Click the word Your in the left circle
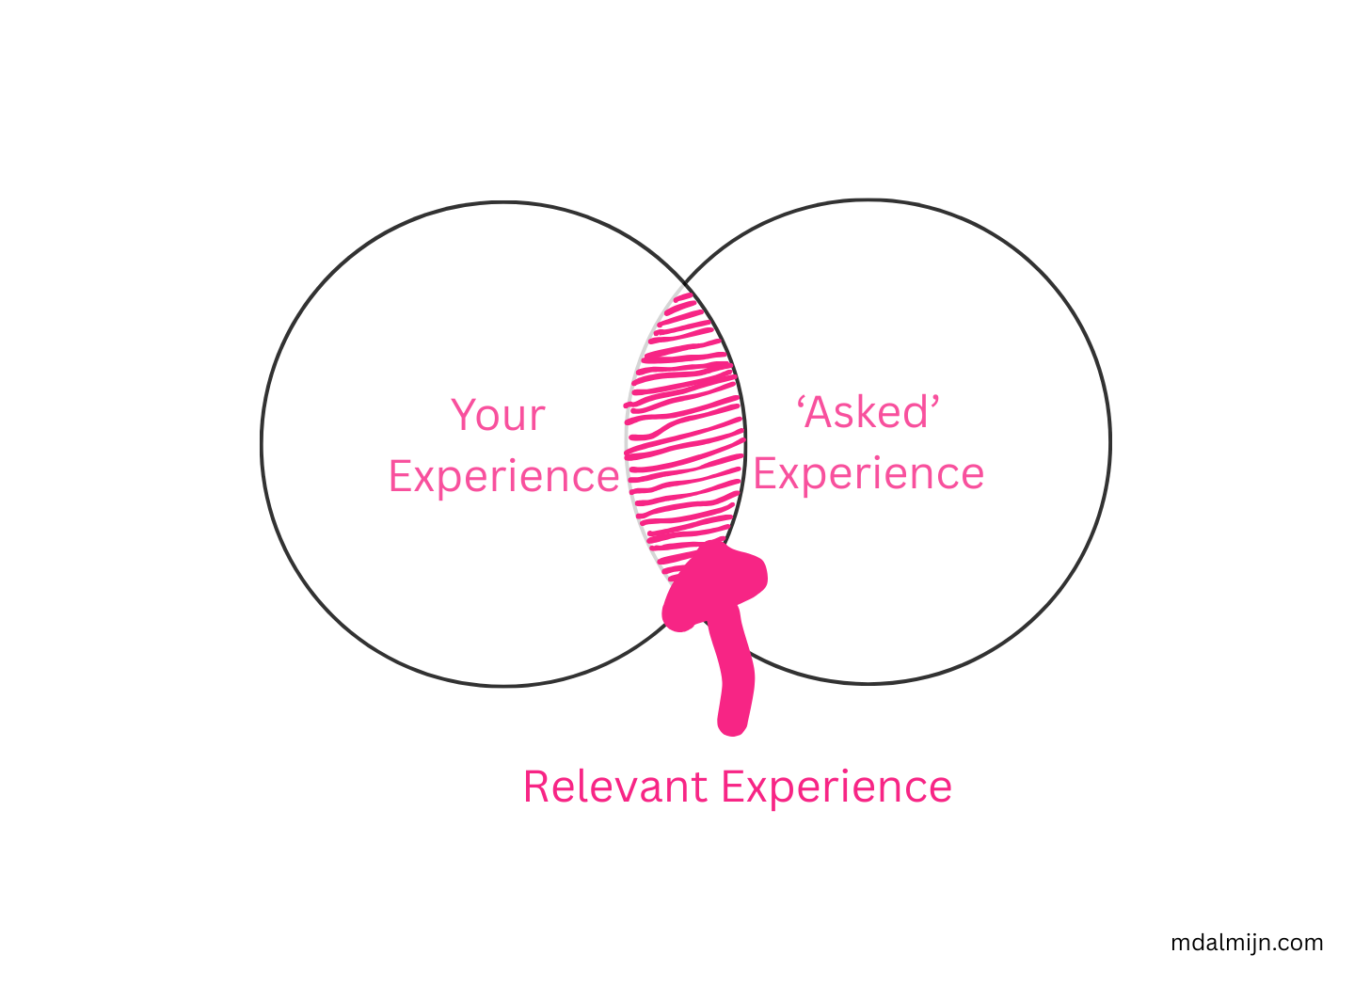tap(498, 415)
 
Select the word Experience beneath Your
tap(503, 476)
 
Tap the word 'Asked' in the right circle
tap(869, 412)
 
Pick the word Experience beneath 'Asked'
tap(868, 473)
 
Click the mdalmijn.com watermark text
tap(1247, 943)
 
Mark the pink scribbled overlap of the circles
tap(684, 433)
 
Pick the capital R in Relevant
tap(537, 787)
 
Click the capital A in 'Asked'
tap(821, 412)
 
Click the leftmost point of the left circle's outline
tap(262, 444)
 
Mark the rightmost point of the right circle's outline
tap(1110, 441)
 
